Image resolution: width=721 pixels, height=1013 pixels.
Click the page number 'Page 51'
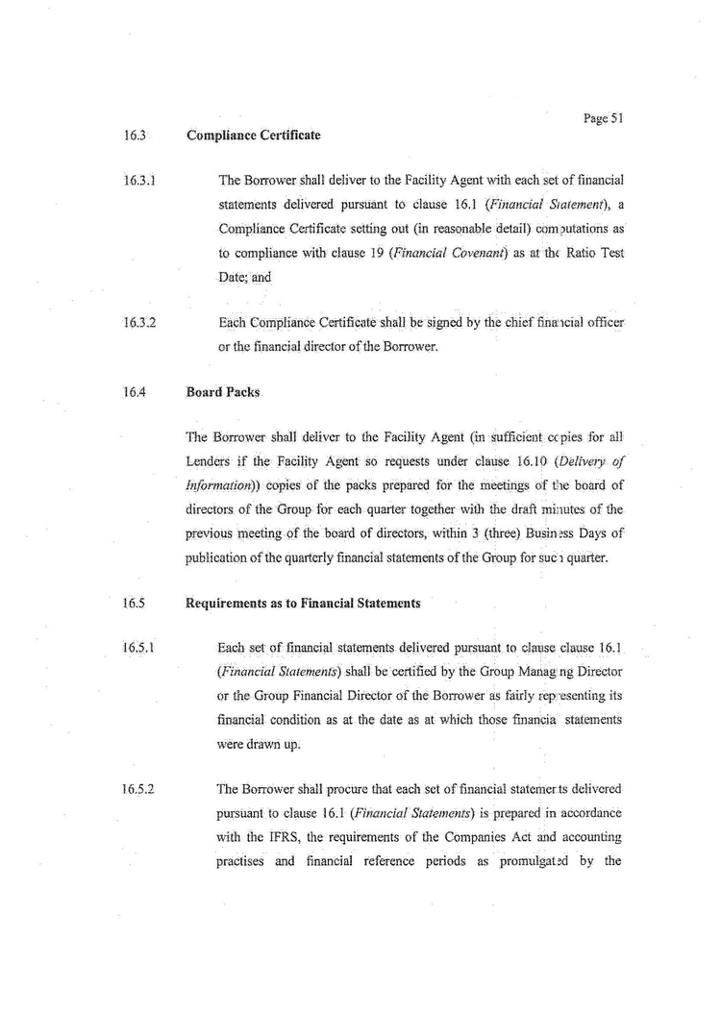[604, 118]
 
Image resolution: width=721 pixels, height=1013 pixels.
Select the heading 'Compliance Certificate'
[253, 136]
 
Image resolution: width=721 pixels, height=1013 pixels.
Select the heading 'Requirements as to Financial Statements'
[303, 604]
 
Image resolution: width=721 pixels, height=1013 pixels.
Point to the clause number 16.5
[134, 604]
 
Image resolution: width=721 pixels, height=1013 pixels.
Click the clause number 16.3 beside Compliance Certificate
[134, 136]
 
